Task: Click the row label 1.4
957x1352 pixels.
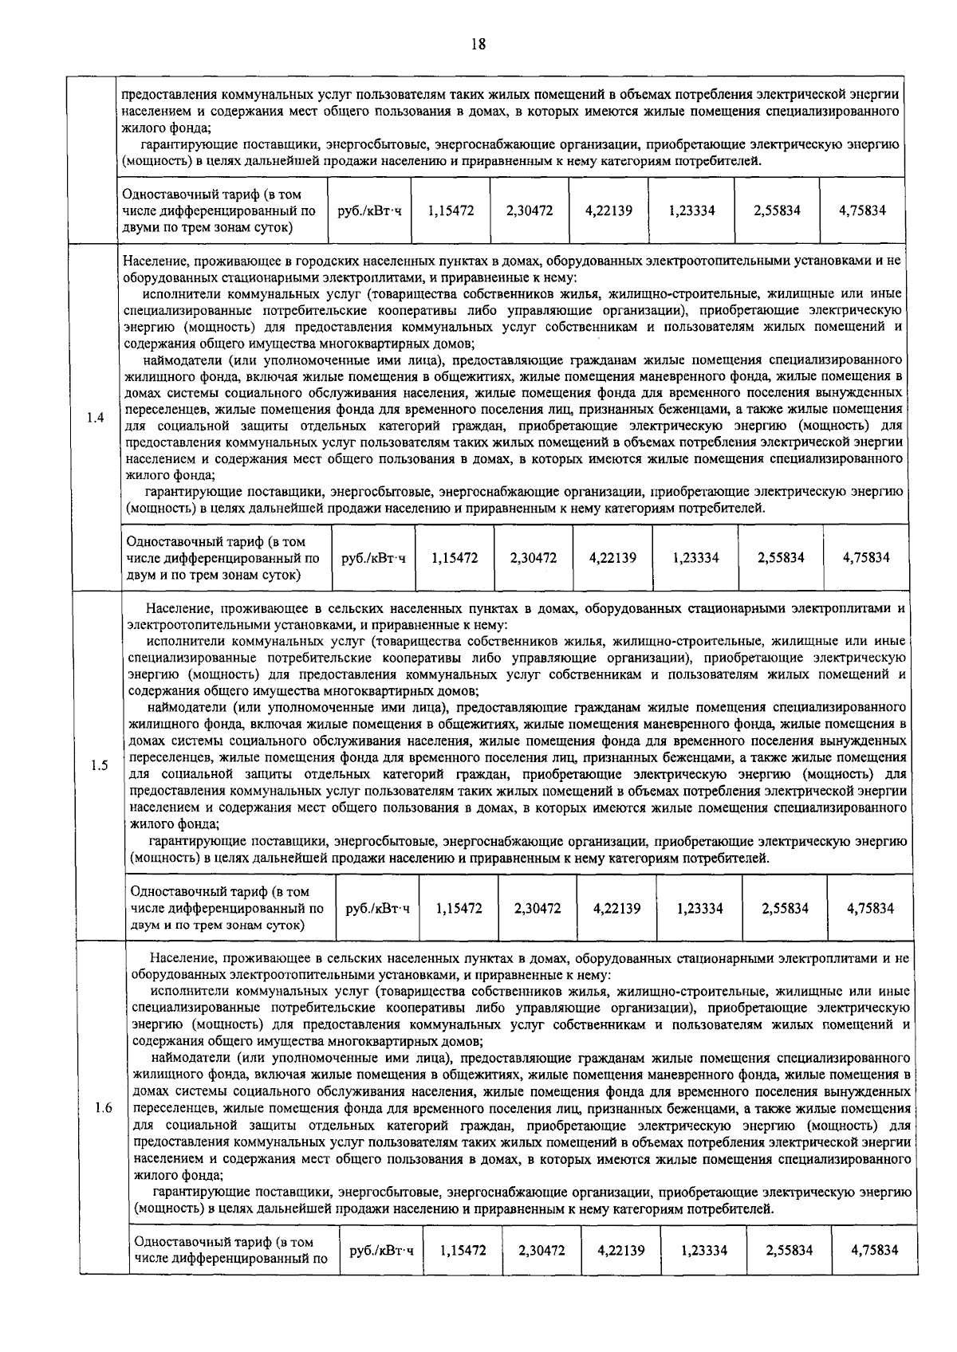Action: tap(95, 418)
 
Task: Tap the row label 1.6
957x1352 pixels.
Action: tap(102, 1109)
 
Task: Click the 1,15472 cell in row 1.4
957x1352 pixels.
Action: tap(455, 558)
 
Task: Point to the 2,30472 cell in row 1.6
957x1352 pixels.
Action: tap(542, 1251)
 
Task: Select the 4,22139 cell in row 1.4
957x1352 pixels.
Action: tap(612, 558)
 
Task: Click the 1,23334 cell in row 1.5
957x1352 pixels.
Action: tap(699, 908)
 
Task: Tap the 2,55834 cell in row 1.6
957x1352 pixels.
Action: tap(789, 1251)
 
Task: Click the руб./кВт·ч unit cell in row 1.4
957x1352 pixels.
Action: tap(373, 558)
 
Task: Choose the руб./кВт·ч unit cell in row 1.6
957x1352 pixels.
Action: tap(382, 1251)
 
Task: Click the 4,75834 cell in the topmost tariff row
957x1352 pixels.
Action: tap(862, 210)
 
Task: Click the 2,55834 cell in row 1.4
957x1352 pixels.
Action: tap(781, 558)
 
